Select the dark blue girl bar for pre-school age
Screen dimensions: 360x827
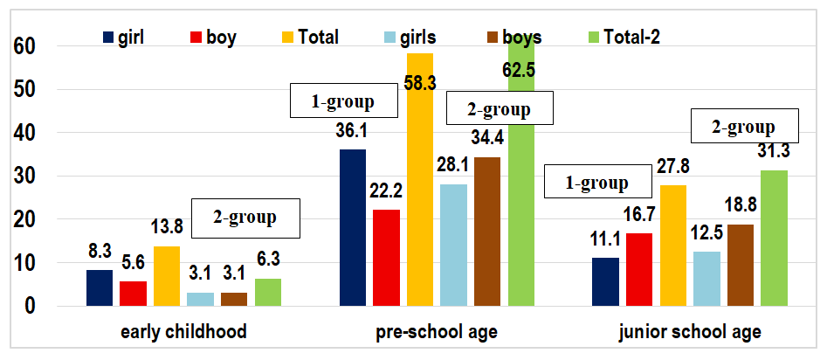[x=353, y=227]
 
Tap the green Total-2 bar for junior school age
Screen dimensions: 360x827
[x=775, y=238]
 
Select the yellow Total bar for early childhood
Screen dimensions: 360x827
[x=167, y=276]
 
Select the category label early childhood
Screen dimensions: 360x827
[x=184, y=332]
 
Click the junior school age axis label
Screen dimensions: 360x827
[x=691, y=332]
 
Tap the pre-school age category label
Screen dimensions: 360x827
[x=438, y=332]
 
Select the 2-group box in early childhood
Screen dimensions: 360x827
[x=245, y=218]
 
